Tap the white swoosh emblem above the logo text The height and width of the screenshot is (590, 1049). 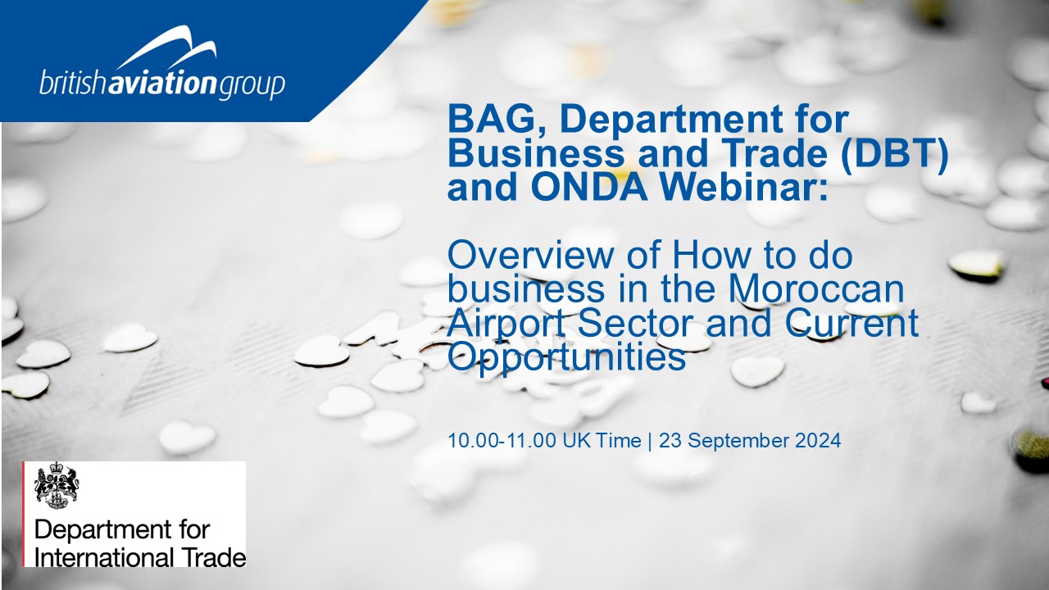166,47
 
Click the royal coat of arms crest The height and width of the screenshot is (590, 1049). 57,484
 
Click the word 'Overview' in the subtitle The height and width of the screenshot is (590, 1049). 530,255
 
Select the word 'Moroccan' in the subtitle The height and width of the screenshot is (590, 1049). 815,289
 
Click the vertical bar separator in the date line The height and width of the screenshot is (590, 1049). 650,441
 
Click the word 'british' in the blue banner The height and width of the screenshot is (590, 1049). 74,83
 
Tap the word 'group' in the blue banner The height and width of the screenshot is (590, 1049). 252,86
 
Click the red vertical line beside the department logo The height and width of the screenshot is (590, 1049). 23,514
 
